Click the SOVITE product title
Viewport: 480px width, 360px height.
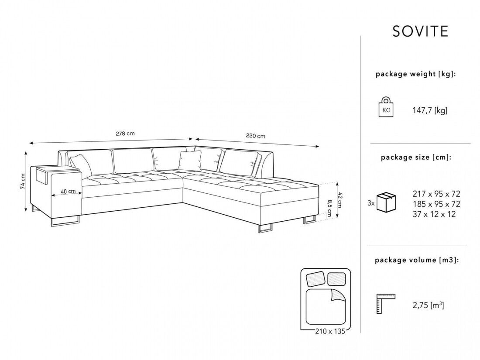pyautogui.click(x=420, y=31)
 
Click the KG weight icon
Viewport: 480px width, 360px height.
pyautogui.click(x=386, y=108)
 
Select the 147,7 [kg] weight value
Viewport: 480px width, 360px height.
pyautogui.click(x=430, y=111)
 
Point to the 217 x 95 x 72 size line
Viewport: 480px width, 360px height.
pyautogui.click(x=436, y=194)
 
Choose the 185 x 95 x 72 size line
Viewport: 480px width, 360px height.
pyautogui.click(x=436, y=204)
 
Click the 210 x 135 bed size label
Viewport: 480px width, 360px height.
pyautogui.click(x=327, y=331)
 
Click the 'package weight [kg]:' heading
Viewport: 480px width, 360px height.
pyautogui.click(x=415, y=74)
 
